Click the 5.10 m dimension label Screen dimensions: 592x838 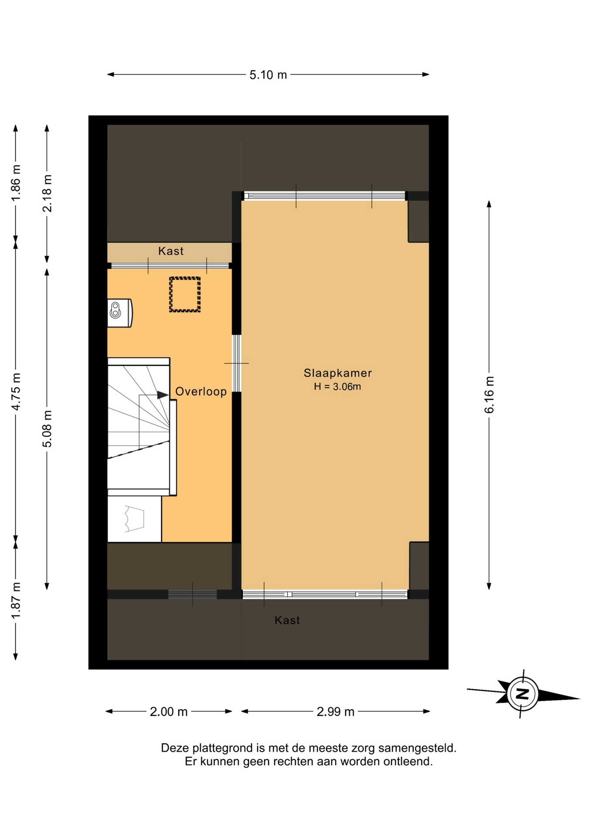point(268,75)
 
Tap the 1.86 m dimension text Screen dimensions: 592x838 point(16,183)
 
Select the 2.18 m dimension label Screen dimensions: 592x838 point(47,193)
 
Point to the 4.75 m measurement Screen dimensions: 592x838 point(16,392)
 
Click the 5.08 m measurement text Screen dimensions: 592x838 point(47,429)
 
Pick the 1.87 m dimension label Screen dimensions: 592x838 point(16,601)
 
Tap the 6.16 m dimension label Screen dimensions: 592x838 point(489,395)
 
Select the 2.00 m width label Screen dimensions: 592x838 point(169,712)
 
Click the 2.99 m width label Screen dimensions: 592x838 point(335,712)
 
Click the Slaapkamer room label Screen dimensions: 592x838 point(338,373)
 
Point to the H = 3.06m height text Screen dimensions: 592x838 point(337,387)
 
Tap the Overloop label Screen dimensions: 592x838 point(201,392)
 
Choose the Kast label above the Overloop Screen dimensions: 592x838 point(171,251)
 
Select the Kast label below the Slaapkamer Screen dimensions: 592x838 point(287,620)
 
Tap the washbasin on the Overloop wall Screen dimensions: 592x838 point(119,313)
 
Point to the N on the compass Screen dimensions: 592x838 point(522,694)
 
